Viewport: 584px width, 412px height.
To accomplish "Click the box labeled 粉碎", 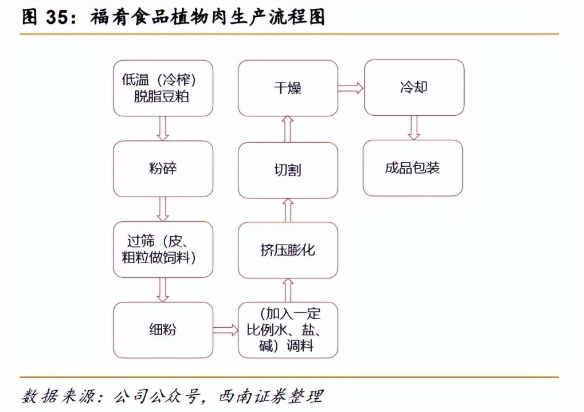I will (163, 169).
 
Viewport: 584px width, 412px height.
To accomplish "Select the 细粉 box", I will (163, 329).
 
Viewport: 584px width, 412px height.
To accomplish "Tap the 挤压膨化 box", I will (288, 250).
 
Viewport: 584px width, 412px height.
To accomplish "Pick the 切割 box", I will (288, 170).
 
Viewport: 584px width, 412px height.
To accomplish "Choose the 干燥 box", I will (288, 88).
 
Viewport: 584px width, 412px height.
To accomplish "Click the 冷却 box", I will (414, 88).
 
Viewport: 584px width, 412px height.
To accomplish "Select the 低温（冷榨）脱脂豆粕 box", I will (163, 88).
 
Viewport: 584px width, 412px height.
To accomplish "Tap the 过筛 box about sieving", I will (163, 250).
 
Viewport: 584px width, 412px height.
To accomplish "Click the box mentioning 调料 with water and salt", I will (288, 329).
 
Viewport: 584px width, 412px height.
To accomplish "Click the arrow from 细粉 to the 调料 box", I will (225, 329).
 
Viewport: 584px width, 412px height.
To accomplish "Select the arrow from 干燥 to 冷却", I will (351, 88).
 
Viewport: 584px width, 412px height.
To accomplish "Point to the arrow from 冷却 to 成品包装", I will (414, 128).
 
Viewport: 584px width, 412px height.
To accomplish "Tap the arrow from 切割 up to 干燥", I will (288, 129).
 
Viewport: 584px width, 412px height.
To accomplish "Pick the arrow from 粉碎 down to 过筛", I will (163, 209).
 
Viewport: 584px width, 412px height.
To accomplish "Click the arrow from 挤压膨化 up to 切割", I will (288, 210).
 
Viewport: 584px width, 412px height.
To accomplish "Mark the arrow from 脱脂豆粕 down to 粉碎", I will (163, 128).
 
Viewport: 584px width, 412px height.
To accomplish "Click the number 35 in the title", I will (56, 18).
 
